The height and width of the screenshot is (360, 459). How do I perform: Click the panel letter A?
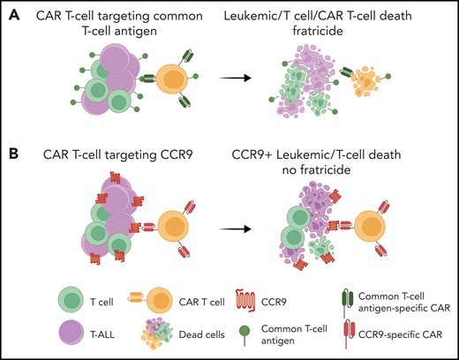[x=11, y=11]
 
